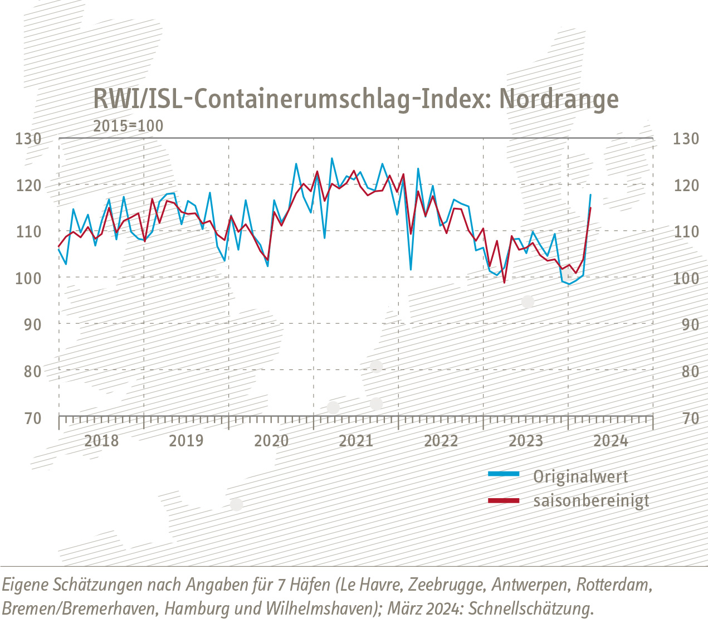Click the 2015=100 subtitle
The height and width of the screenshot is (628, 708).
click(x=128, y=126)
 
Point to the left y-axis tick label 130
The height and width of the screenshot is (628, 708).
click(x=28, y=138)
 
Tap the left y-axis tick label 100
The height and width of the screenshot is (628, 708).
click(x=28, y=278)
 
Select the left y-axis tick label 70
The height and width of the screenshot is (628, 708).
click(x=33, y=418)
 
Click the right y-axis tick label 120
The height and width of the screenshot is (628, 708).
click(x=686, y=185)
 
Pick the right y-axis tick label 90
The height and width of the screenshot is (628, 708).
click(x=690, y=324)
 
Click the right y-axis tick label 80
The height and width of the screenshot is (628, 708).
click(x=690, y=371)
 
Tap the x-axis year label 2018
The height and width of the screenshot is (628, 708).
click(x=101, y=441)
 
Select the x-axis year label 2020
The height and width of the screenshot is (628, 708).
click(x=271, y=441)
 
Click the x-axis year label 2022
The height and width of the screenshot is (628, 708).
click(x=441, y=441)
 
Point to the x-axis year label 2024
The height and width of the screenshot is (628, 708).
click(x=611, y=441)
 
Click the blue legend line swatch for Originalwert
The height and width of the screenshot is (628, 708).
click(x=503, y=474)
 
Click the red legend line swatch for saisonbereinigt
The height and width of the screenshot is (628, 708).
click(x=503, y=501)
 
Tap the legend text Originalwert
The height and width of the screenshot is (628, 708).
click(x=580, y=477)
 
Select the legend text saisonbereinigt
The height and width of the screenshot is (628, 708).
click(x=591, y=500)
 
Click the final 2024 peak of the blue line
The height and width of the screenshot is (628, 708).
click(x=590, y=194)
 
